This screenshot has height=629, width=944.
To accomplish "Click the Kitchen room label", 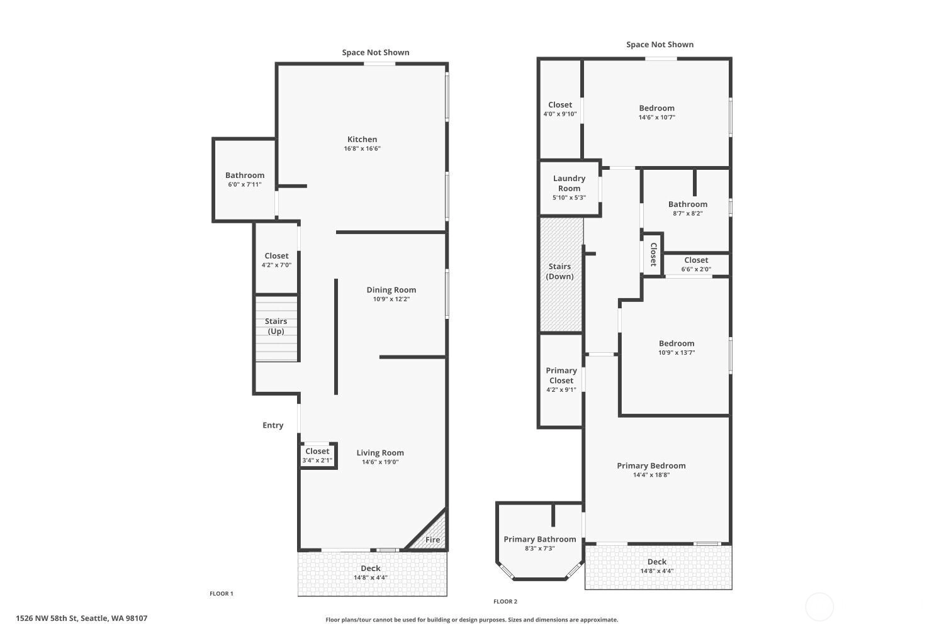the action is pyautogui.click(x=362, y=139).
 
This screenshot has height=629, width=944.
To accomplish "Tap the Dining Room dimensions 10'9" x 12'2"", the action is pyautogui.click(x=391, y=299).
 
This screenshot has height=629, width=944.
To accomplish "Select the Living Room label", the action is pyautogui.click(x=380, y=452).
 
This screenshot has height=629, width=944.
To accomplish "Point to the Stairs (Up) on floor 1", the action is pyautogui.click(x=276, y=328).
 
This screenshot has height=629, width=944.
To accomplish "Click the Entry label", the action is pyautogui.click(x=273, y=425).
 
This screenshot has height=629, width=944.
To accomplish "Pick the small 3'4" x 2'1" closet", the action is pyautogui.click(x=317, y=455).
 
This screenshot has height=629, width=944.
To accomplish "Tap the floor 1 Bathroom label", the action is pyautogui.click(x=245, y=175).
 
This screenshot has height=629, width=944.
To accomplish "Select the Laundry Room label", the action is pyautogui.click(x=569, y=183).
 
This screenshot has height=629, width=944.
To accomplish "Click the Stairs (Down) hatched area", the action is pyautogui.click(x=561, y=274).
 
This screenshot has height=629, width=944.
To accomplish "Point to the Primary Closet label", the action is pyautogui.click(x=561, y=376).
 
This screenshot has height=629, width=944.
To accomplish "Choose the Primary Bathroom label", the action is pyautogui.click(x=540, y=539).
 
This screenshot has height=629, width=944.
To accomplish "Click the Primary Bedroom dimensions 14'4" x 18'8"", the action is pyautogui.click(x=651, y=475).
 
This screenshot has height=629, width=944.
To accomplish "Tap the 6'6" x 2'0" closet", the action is pyautogui.click(x=696, y=265).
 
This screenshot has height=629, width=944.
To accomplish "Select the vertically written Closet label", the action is pyautogui.click(x=654, y=255).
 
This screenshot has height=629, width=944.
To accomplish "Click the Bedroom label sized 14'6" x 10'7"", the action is pyautogui.click(x=656, y=108).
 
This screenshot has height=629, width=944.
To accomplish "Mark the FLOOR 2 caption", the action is pyautogui.click(x=505, y=601).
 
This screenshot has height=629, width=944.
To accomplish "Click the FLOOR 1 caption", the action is pyautogui.click(x=222, y=593).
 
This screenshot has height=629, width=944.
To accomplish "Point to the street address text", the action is pyautogui.click(x=82, y=618).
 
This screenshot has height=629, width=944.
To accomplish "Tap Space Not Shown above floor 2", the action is pyautogui.click(x=660, y=44).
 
